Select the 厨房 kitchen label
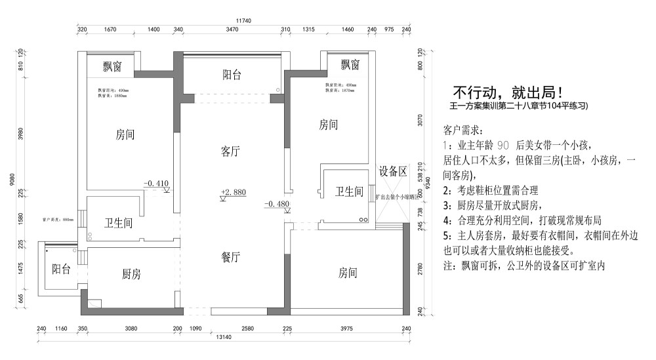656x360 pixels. coord(131,274)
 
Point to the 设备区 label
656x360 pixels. coord(393,172)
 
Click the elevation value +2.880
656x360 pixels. coord(234,192)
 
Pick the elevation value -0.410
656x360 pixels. coord(156,183)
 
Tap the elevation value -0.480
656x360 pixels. coord(277,204)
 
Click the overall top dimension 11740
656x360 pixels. coord(243,21)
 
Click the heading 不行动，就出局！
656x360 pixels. coord(508,92)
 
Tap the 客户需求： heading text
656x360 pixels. coord(463,130)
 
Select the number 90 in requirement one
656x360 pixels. coord(503,145)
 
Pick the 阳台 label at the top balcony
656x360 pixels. coord(232,75)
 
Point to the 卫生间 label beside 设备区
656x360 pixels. coord(349,191)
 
